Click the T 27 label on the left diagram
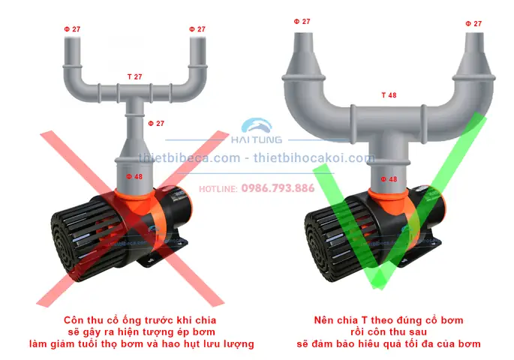click(135, 76)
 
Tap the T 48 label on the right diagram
click(389, 95)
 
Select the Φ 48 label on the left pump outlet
click(134, 176)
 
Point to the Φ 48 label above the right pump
click(389, 179)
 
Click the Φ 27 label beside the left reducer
click(156, 123)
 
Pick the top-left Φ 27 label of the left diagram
click(72, 29)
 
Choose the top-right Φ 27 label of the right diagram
click(473, 23)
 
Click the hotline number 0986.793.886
click(278, 188)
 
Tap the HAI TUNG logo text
click(257, 139)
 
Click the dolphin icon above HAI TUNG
click(257, 125)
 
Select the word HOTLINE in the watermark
click(218, 189)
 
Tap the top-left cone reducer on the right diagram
click(304, 61)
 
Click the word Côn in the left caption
click(73, 319)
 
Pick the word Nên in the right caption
click(323, 319)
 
